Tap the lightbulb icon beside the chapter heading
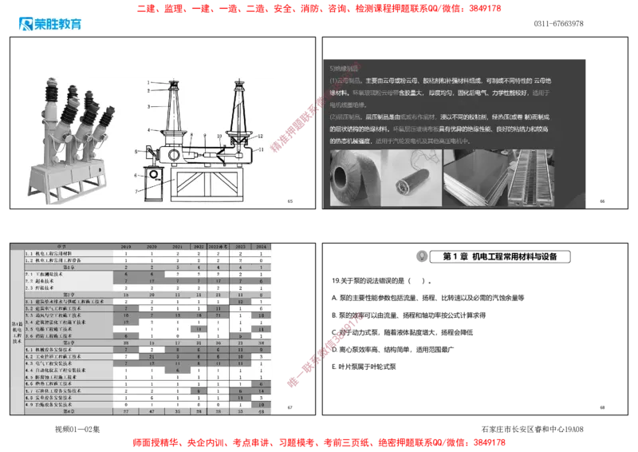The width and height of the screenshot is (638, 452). coord(420,256)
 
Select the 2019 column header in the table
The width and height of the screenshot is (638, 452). coord(125,247)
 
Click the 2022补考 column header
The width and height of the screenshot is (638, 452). coord(219,247)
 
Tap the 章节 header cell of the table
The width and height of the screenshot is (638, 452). coord(64,247)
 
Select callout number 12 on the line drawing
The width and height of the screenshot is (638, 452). coord(260,137)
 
